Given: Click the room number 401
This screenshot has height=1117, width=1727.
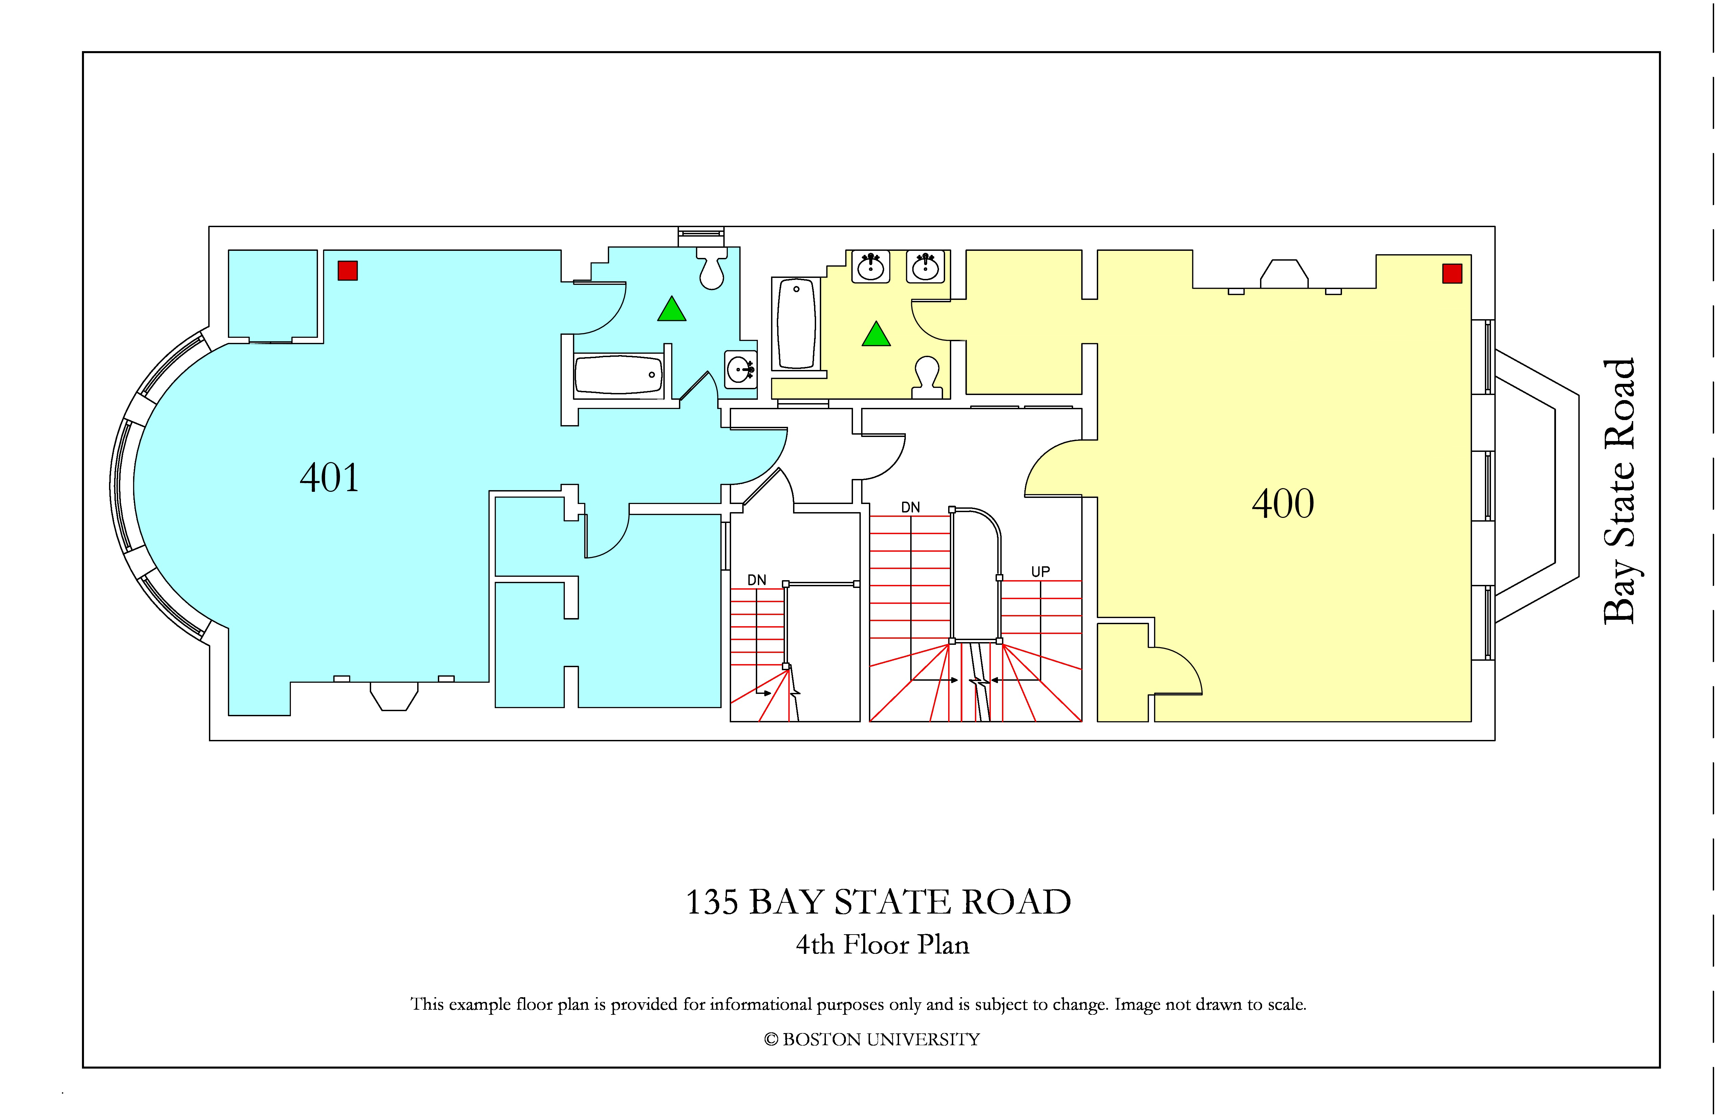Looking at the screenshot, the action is (x=329, y=478).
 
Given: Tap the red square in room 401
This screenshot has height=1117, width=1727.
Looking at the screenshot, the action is (x=347, y=270).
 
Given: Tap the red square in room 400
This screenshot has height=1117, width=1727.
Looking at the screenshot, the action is (x=1452, y=273).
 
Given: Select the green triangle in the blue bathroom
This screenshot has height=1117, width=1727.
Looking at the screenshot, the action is (x=672, y=310).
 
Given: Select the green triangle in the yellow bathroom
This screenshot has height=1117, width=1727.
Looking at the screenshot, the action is (x=876, y=334).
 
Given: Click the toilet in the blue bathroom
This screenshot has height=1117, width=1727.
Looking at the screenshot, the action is (x=712, y=268).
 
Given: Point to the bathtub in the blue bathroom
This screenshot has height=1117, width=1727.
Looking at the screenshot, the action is (x=618, y=375).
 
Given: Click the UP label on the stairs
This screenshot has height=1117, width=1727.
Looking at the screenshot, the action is (x=1041, y=572).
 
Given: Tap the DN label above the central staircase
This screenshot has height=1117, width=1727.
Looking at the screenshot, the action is (x=911, y=507).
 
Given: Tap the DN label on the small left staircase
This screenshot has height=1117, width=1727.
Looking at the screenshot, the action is (x=757, y=580).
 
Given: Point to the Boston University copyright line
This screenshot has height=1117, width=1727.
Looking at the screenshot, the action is (x=872, y=1039).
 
